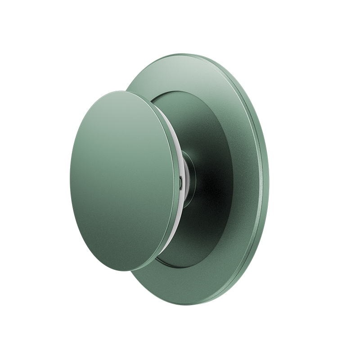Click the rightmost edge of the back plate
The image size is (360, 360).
268,180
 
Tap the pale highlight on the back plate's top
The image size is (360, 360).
180,67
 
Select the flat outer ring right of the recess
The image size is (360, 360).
245,180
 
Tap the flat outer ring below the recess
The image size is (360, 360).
189,286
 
